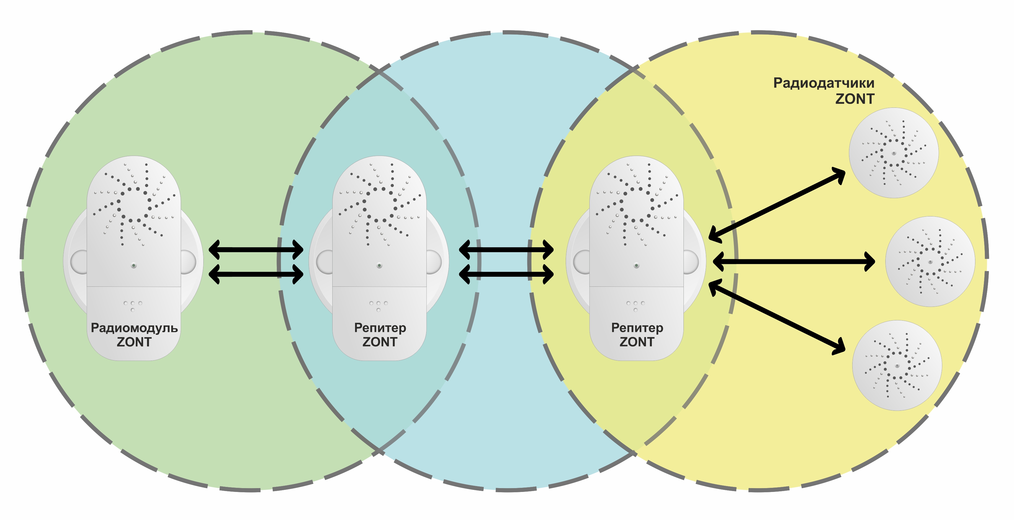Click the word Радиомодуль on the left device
(134, 328)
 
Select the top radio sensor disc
(894, 153)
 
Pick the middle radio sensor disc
(930, 262)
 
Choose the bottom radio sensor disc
(897, 366)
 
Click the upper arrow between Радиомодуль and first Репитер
(256, 249)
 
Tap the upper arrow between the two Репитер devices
(506, 249)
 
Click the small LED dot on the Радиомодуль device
(134, 265)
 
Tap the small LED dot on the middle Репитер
(380, 265)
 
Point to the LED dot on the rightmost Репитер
(637, 265)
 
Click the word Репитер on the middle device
(380, 328)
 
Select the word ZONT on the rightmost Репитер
(637, 342)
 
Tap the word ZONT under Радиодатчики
(855, 99)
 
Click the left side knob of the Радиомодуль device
(79, 262)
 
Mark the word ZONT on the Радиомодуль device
(134, 342)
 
